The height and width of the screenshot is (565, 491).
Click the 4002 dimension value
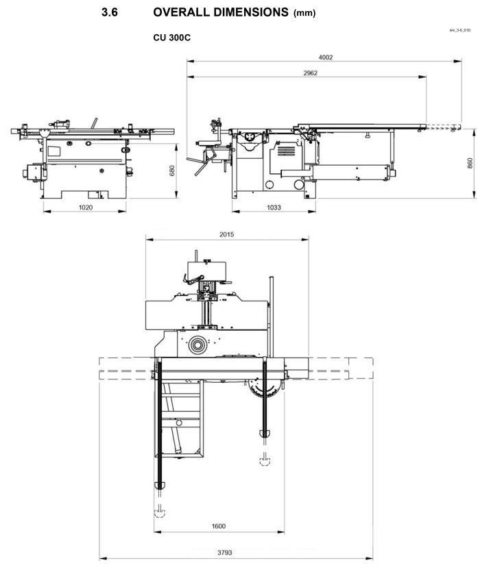point(326,58)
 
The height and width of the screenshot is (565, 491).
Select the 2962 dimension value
point(309,73)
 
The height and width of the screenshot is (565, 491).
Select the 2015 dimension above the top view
point(226,234)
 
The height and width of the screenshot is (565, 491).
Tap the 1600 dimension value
point(219,526)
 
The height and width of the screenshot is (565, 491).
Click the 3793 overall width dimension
point(239,553)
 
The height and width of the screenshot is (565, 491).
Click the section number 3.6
point(109,12)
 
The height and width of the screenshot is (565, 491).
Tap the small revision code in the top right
point(459,31)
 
